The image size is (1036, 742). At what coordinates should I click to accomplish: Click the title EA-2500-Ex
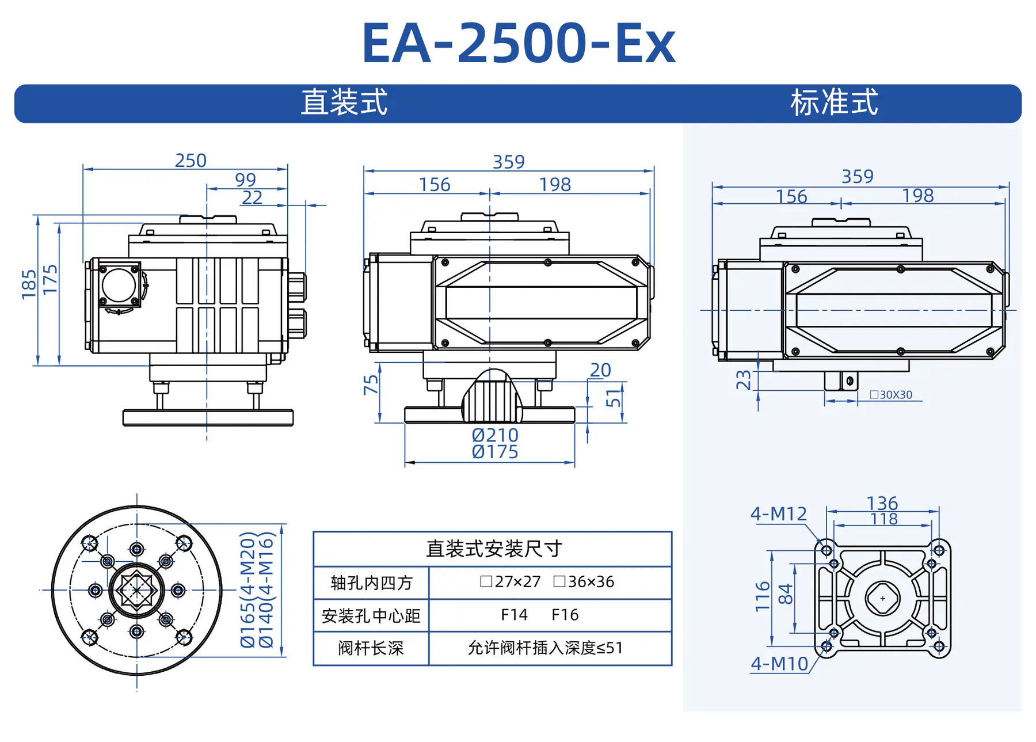pyautogui.click(x=518, y=44)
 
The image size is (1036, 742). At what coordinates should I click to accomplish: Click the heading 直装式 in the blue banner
pyautogui.click(x=344, y=103)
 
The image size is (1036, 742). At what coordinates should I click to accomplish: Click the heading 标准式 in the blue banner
pyautogui.click(x=834, y=103)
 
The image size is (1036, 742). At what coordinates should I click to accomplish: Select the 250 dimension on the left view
pyautogui.click(x=191, y=161)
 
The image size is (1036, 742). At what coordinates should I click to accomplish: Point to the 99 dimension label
pyautogui.click(x=246, y=180)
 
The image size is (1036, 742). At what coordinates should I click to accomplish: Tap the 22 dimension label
pyautogui.click(x=252, y=197)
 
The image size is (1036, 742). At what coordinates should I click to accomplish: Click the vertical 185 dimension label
pyautogui.click(x=29, y=284)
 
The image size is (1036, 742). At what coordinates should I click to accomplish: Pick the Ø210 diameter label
pyautogui.click(x=495, y=435)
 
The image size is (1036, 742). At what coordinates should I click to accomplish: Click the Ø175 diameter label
pyautogui.click(x=495, y=452)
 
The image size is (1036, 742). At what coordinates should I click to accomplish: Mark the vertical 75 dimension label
pyautogui.click(x=371, y=385)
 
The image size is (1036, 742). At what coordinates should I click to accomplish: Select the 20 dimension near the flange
pyautogui.click(x=600, y=370)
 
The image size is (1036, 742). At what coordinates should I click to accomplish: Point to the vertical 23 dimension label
pyautogui.click(x=744, y=380)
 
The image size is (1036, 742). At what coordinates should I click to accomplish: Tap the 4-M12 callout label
pyautogui.click(x=779, y=513)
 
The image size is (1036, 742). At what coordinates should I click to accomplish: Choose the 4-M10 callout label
pyautogui.click(x=779, y=664)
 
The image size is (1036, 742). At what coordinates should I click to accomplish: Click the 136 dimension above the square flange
pyautogui.click(x=882, y=503)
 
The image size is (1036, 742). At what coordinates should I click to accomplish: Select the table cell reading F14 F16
pyautogui.click(x=539, y=615)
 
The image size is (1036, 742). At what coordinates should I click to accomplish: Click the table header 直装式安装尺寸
pyautogui.click(x=493, y=549)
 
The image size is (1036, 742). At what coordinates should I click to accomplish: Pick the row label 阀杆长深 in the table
pyautogui.click(x=371, y=648)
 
